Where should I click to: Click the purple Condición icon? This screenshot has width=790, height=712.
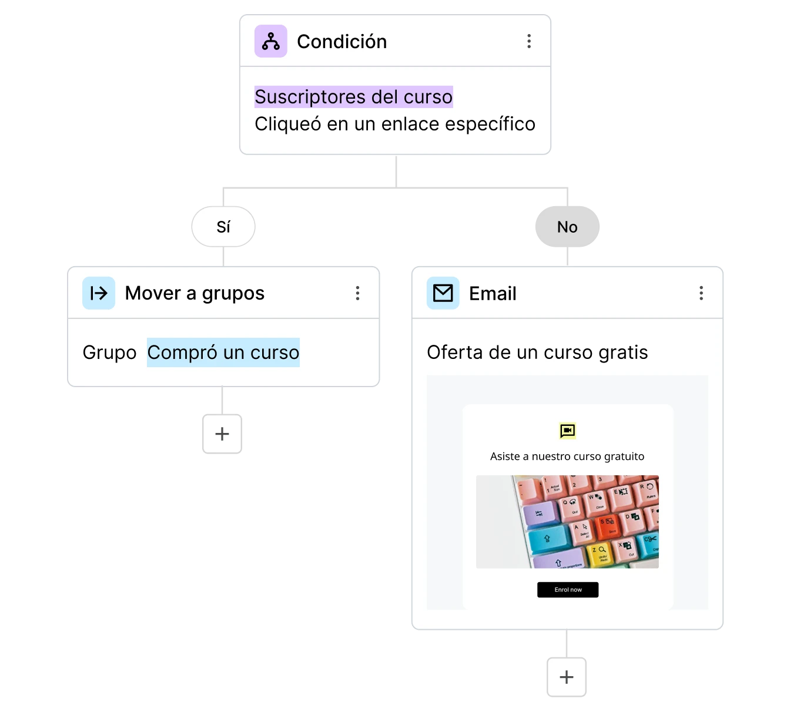(270, 41)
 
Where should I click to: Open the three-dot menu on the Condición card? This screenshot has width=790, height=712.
(529, 41)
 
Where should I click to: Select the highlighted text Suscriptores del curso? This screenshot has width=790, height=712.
(353, 97)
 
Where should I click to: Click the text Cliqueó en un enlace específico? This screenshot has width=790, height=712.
(394, 124)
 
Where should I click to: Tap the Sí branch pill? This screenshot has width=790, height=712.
(223, 227)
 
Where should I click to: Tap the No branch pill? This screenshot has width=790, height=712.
(567, 227)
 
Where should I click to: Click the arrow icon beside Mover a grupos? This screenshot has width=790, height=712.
(99, 293)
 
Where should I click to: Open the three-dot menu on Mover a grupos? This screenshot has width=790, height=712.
(357, 293)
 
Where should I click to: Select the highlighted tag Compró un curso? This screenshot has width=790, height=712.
(223, 352)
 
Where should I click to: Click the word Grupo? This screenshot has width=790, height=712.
(109, 352)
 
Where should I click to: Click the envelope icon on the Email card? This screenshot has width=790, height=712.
(443, 293)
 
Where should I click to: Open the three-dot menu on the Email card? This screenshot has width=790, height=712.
(701, 293)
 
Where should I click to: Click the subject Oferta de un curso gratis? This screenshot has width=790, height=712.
(537, 352)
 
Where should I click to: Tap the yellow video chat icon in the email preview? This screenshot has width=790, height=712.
(567, 431)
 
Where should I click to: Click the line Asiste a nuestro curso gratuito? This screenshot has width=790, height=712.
(567, 456)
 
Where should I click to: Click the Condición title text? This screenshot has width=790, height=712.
(342, 42)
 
